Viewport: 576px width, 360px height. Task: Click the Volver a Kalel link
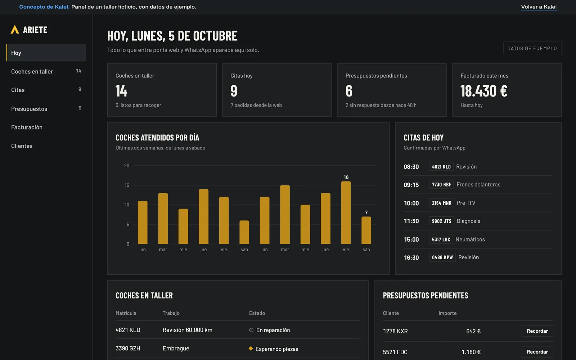point(539,7)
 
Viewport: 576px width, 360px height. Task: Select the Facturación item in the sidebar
point(27,127)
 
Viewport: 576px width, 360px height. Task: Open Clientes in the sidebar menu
point(22,146)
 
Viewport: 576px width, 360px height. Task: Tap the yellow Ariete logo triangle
point(15,29)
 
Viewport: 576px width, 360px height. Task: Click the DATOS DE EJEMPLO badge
point(532,48)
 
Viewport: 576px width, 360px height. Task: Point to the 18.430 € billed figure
point(484,91)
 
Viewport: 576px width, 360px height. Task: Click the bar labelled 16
point(346,212)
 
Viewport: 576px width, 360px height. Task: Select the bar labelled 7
point(366,230)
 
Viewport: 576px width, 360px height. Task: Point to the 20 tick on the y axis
point(126,166)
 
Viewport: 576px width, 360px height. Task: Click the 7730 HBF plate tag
point(441,185)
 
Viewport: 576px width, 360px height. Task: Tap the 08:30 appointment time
point(411,167)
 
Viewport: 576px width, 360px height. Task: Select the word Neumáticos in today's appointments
point(470,239)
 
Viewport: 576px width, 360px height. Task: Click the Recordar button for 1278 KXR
point(537,331)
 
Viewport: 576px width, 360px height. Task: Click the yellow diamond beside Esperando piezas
point(251,348)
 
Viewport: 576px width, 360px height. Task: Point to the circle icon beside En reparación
point(251,330)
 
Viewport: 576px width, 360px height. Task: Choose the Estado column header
point(257,313)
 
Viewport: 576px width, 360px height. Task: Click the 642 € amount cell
point(473,331)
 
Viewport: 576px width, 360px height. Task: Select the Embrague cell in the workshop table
point(176,348)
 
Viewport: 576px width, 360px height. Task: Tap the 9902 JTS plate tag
point(441,221)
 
